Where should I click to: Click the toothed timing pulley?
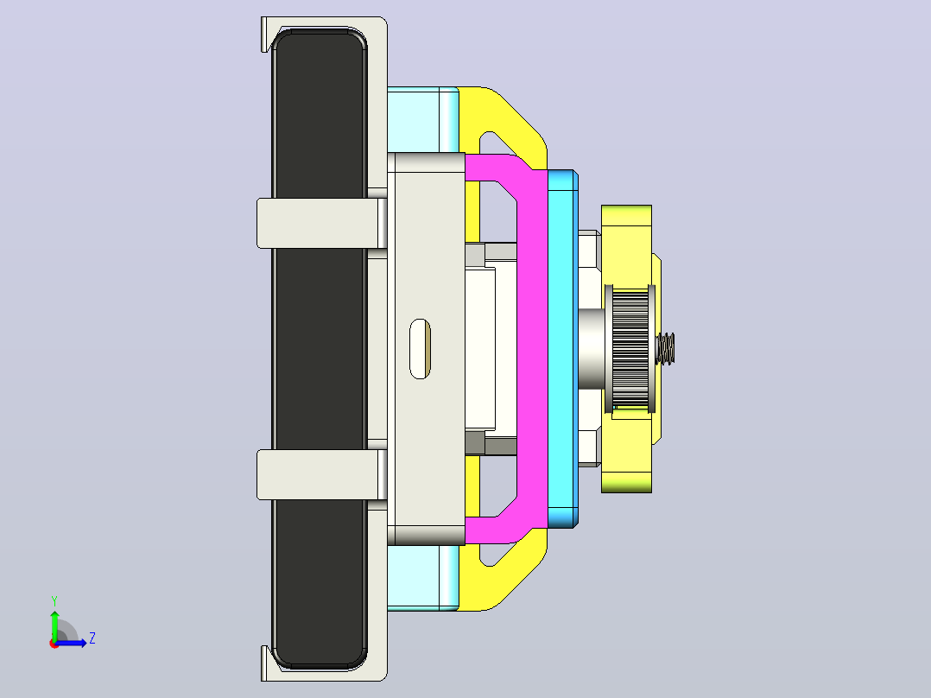click(x=630, y=349)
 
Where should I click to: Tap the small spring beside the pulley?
click(x=665, y=349)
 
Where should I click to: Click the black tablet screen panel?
click(x=320, y=349)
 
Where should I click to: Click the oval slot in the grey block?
click(x=421, y=349)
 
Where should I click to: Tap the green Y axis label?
click(x=54, y=600)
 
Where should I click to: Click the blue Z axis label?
click(x=92, y=638)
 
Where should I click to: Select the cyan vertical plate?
click(x=562, y=349)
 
